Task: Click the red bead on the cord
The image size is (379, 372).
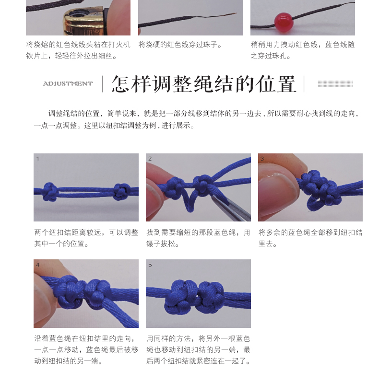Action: tap(284, 21)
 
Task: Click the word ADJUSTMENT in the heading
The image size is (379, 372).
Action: tap(68, 83)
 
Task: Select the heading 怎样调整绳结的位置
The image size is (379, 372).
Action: tap(204, 84)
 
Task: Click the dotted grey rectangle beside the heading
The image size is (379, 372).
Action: tap(335, 84)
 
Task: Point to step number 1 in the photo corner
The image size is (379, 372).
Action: tap(38, 159)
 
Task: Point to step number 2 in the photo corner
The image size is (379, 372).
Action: tap(150, 159)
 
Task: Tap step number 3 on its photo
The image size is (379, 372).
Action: tap(262, 159)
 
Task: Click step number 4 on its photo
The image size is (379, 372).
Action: tap(38, 265)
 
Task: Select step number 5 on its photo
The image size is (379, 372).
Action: tap(150, 265)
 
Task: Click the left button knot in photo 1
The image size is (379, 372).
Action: tap(50, 192)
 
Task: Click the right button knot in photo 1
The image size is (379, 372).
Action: tap(121, 192)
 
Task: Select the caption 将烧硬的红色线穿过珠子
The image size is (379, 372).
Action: tap(180, 45)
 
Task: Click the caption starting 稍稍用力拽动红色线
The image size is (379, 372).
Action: tap(303, 50)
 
